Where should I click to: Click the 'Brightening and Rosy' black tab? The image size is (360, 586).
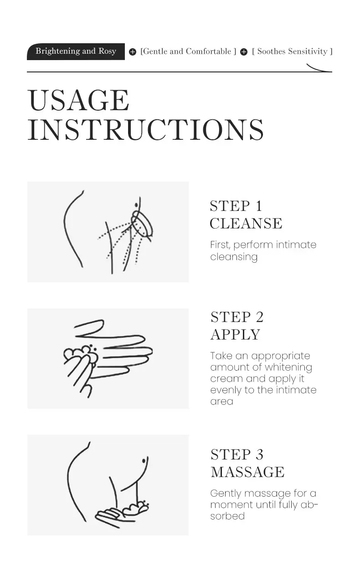point(76,51)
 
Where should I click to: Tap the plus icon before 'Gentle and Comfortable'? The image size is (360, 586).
point(133,52)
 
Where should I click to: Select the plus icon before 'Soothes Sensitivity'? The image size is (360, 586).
point(244,52)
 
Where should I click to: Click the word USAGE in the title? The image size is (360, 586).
point(78,100)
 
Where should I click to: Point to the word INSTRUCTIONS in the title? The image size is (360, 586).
point(145,130)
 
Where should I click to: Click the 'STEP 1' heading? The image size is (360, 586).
point(236,206)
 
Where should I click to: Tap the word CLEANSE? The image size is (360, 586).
point(246,224)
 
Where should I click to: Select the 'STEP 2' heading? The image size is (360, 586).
point(237,317)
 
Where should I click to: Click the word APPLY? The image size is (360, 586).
point(236,335)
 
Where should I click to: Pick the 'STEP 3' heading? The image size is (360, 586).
point(237,454)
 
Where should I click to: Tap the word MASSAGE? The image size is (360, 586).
point(247,472)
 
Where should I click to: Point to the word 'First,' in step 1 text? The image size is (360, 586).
point(220,245)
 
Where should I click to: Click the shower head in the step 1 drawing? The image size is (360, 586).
point(141,224)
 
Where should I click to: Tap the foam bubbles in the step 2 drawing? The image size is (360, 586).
point(81,353)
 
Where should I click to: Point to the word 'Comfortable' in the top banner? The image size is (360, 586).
point(208,51)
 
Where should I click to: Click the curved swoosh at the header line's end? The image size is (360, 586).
point(318,69)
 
